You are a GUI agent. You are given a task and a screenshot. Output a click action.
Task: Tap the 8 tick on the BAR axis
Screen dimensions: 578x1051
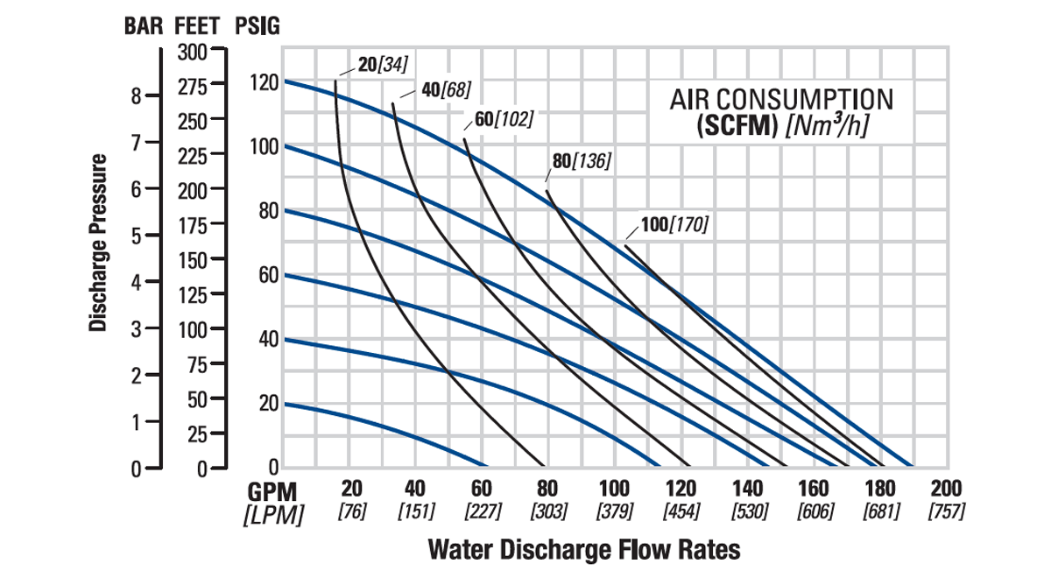137,95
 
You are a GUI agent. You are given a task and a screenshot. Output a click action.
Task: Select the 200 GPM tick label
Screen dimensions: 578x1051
947,489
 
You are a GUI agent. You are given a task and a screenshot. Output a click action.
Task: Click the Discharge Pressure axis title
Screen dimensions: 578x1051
99,243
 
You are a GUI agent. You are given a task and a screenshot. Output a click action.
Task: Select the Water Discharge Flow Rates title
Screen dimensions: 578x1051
584,550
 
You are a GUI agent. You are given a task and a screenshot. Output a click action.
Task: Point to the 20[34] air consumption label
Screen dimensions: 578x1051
384,63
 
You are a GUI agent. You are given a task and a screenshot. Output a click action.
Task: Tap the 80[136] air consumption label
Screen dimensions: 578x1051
581,161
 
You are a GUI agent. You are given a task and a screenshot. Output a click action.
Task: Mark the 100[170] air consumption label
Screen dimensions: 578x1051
674,225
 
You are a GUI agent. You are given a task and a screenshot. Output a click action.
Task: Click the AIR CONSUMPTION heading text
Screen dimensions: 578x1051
782,98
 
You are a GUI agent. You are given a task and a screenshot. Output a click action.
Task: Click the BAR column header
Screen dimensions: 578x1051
145,25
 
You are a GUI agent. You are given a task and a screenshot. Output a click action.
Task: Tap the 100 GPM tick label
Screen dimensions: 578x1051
614,489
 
